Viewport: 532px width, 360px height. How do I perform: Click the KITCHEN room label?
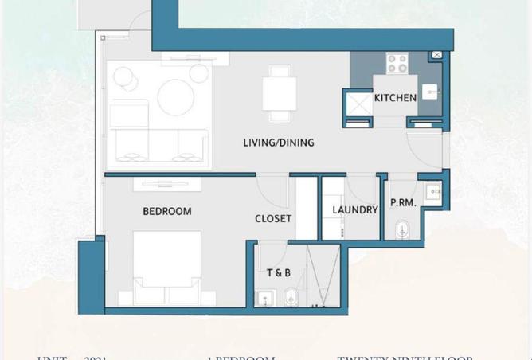[395, 98]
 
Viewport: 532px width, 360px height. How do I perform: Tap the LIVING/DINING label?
[278, 143]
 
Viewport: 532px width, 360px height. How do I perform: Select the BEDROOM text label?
[166, 211]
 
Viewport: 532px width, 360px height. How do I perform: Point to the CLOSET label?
[273, 218]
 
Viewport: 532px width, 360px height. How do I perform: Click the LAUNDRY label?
[354, 210]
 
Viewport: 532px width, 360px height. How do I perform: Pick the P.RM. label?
[403, 203]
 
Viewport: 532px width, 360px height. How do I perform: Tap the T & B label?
[278, 273]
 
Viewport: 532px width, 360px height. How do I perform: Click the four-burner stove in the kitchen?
[397, 62]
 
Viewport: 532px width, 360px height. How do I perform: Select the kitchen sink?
[430, 92]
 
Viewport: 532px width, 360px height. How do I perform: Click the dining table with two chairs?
[280, 92]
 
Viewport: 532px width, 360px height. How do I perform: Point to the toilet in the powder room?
[402, 229]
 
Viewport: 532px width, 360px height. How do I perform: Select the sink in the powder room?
[432, 192]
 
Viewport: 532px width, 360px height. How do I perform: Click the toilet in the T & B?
[291, 298]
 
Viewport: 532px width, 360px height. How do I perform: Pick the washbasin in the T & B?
[266, 299]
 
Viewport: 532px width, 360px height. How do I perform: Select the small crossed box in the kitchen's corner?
[436, 55]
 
